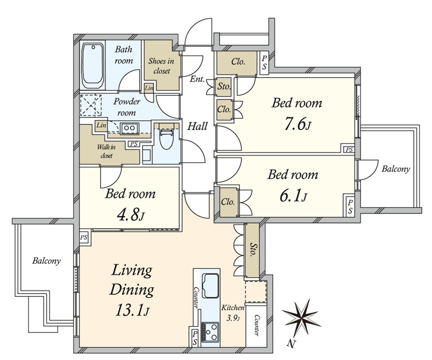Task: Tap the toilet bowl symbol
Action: [x=166, y=139]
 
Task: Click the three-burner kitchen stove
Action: [x=209, y=332]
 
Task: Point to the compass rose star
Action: [x=301, y=317]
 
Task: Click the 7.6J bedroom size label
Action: [x=297, y=125]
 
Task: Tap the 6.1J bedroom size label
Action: [x=293, y=196]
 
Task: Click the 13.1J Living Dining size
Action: [x=132, y=310]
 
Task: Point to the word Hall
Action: [x=197, y=126]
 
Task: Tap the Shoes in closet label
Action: [x=161, y=66]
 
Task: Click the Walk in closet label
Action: [x=106, y=151]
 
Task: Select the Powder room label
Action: [x=126, y=107]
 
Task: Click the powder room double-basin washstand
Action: [x=129, y=128]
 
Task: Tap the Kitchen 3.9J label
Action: [x=233, y=313]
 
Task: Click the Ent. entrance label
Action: [x=197, y=79]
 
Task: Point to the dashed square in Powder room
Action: [x=90, y=105]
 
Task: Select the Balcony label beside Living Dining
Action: [x=46, y=260]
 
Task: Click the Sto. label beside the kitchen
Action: [x=252, y=249]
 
